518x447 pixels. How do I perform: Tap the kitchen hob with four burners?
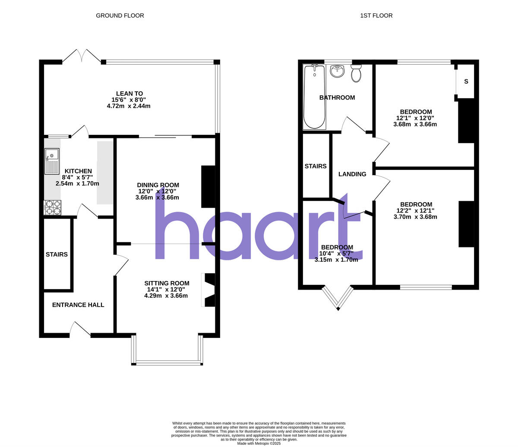(x=53, y=207)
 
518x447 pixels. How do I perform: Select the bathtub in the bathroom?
(x=315, y=97)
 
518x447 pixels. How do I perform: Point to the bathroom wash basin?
(x=337, y=71)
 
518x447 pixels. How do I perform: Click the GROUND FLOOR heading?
(x=120, y=16)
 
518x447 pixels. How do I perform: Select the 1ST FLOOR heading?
(x=376, y=16)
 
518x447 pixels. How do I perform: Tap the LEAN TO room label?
(x=129, y=94)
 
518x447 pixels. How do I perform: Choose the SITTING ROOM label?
(x=167, y=283)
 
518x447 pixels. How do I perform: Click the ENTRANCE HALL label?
(x=78, y=305)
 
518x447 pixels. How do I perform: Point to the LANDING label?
(x=352, y=174)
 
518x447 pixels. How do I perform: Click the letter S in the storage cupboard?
(x=466, y=82)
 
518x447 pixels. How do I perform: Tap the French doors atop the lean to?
(x=82, y=56)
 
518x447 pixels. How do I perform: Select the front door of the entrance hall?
(x=80, y=328)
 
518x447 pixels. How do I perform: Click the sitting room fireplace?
(x=209, y=290)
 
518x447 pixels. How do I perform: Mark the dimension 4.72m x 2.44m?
(x=129, y=106)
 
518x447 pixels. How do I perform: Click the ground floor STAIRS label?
(x=57, y=254)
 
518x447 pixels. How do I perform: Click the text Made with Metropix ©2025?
(x=259, y=443)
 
